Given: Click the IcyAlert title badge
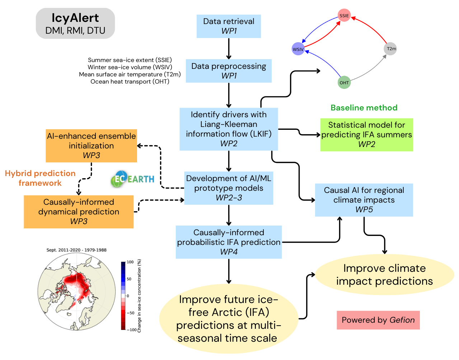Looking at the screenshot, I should pos(75,24).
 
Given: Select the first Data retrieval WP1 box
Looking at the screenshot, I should pos(229,26).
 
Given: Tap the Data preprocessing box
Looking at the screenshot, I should pos(229,71).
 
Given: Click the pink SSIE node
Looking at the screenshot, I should pos(344,15).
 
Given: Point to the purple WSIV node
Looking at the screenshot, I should pos(298,49).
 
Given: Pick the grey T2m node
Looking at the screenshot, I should pos(390,49).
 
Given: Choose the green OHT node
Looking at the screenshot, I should pos(344,82).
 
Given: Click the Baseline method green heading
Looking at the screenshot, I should pos(364,108).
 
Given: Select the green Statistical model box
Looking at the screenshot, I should pos(366,135).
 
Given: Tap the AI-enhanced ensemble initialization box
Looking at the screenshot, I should pos(91,146).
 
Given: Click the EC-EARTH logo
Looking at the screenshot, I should pos(133,179).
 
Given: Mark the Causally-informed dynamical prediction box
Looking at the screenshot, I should pos(79,212).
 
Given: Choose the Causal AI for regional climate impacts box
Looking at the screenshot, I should pos(364,200).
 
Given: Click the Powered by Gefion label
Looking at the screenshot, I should pos(378,320).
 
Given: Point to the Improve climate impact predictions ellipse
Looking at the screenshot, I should pos(384,275).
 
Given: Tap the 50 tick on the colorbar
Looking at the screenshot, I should pos(129,279).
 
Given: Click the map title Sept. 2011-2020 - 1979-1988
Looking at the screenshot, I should pos(76,250).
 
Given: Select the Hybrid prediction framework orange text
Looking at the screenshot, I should pos(40,178).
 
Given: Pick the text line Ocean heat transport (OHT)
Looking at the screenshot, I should pos(130,82).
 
